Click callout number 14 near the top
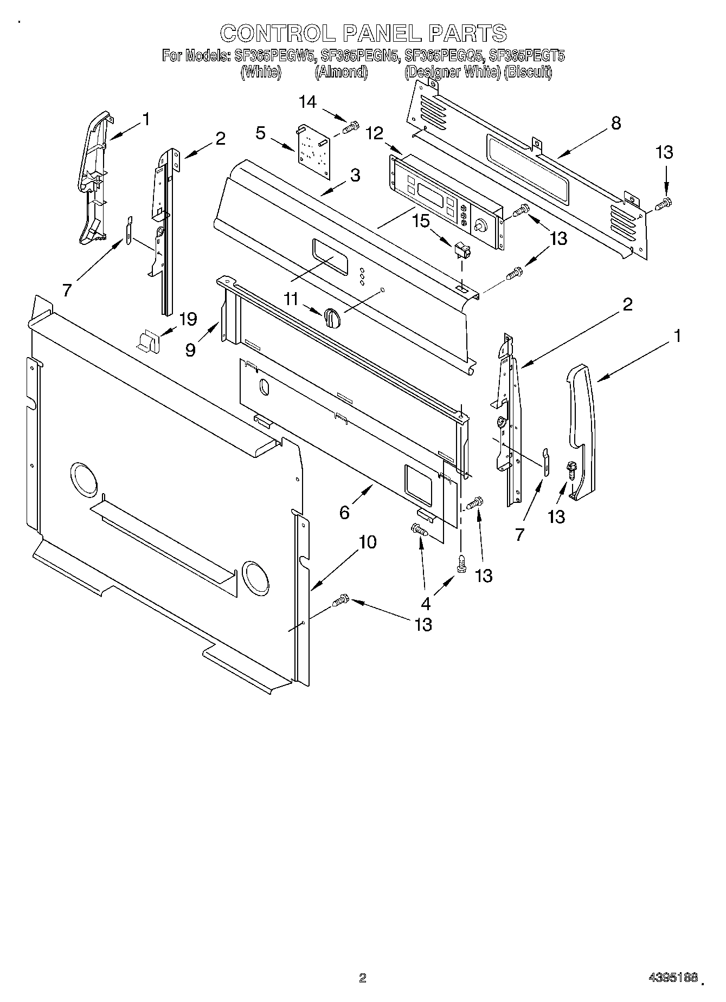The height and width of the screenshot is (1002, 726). [307, 102]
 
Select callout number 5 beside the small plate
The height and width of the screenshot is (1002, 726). [261, 133]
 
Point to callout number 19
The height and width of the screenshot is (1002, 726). [188, 319]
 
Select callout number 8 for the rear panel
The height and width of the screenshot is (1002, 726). [615, 123]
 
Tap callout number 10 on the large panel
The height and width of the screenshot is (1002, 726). [368, 542]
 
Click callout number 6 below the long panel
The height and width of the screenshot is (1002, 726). [345, 512]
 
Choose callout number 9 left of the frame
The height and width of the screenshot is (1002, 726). [190, 350]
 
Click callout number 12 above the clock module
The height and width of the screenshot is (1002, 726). [374, 133]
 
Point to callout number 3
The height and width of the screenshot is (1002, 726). [355, 175]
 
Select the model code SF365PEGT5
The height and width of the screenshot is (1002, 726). [526, 55]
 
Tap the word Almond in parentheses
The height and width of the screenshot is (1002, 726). [342, 72]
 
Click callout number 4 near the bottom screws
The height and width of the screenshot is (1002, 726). [426, 602]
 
